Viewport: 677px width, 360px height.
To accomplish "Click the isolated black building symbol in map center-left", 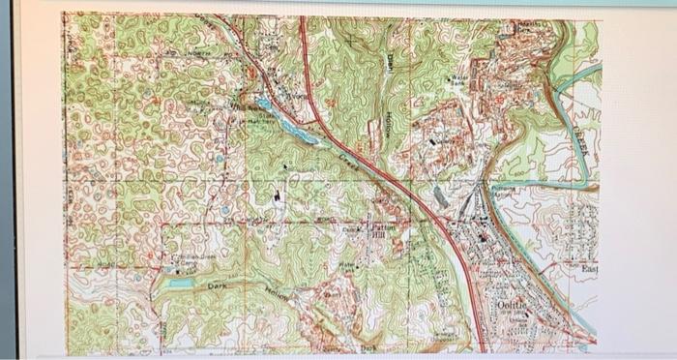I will (279, 195).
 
